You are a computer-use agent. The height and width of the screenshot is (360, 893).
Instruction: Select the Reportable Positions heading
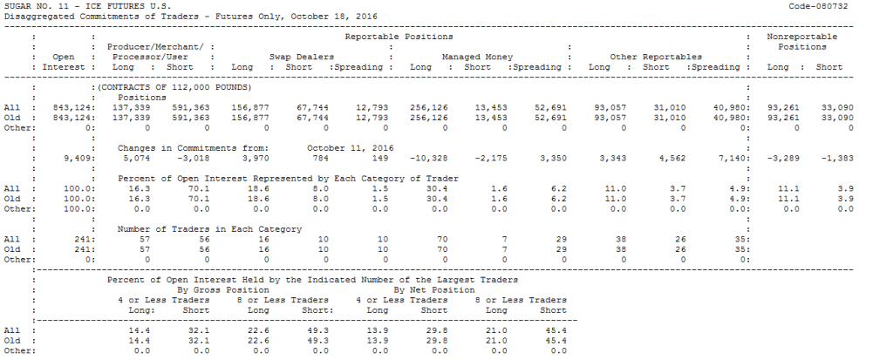point(399,37)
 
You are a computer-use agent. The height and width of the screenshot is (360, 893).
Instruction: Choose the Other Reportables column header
point(656,57)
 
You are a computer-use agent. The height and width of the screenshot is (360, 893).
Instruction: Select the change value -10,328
point(427,158)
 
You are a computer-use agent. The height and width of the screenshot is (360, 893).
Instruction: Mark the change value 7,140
point(724,158)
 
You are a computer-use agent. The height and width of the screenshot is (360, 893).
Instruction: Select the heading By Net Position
point(434,289)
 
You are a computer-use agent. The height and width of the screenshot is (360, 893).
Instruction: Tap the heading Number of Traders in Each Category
point(209,229)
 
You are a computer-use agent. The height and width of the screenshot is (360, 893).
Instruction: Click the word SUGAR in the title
point(17,6)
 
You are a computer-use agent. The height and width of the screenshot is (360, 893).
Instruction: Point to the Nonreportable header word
point(801,37)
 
